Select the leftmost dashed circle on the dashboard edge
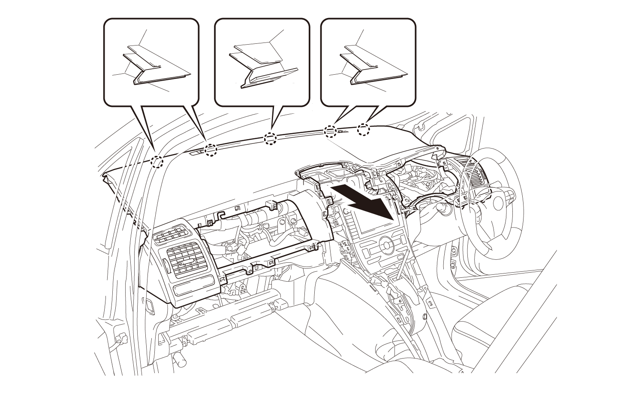click(158, 161)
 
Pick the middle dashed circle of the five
click(270, 138)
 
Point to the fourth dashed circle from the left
click(330, 131)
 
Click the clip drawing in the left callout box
click(156, 67)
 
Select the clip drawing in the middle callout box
click(264, 64)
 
